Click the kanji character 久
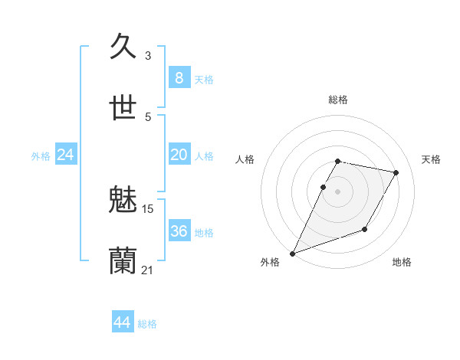(x=123, y=47)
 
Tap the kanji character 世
(x=123, y=108)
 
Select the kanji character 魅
(x=123, y=200)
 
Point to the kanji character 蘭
(x=123, y=261)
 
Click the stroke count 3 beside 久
(x=148, y=56)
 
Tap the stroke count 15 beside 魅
(x=148, y=208)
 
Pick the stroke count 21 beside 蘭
(x=148, y=270)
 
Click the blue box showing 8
(x=179, y=78)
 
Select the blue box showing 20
(x=179, y=155)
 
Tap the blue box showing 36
(x=179, y=231)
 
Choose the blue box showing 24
(x=65, y=155)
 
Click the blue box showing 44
(x=122, y=322)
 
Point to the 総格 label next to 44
(x=147, y=324)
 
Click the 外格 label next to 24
(x=41, y=156)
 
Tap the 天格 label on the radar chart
(x=431, y=159)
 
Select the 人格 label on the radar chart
(x=245, y=159)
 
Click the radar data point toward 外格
(x=292, y=254)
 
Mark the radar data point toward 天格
(x=396, y=173)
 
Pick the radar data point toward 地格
(x=366, y=229)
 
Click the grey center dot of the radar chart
(x=337, y=191)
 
